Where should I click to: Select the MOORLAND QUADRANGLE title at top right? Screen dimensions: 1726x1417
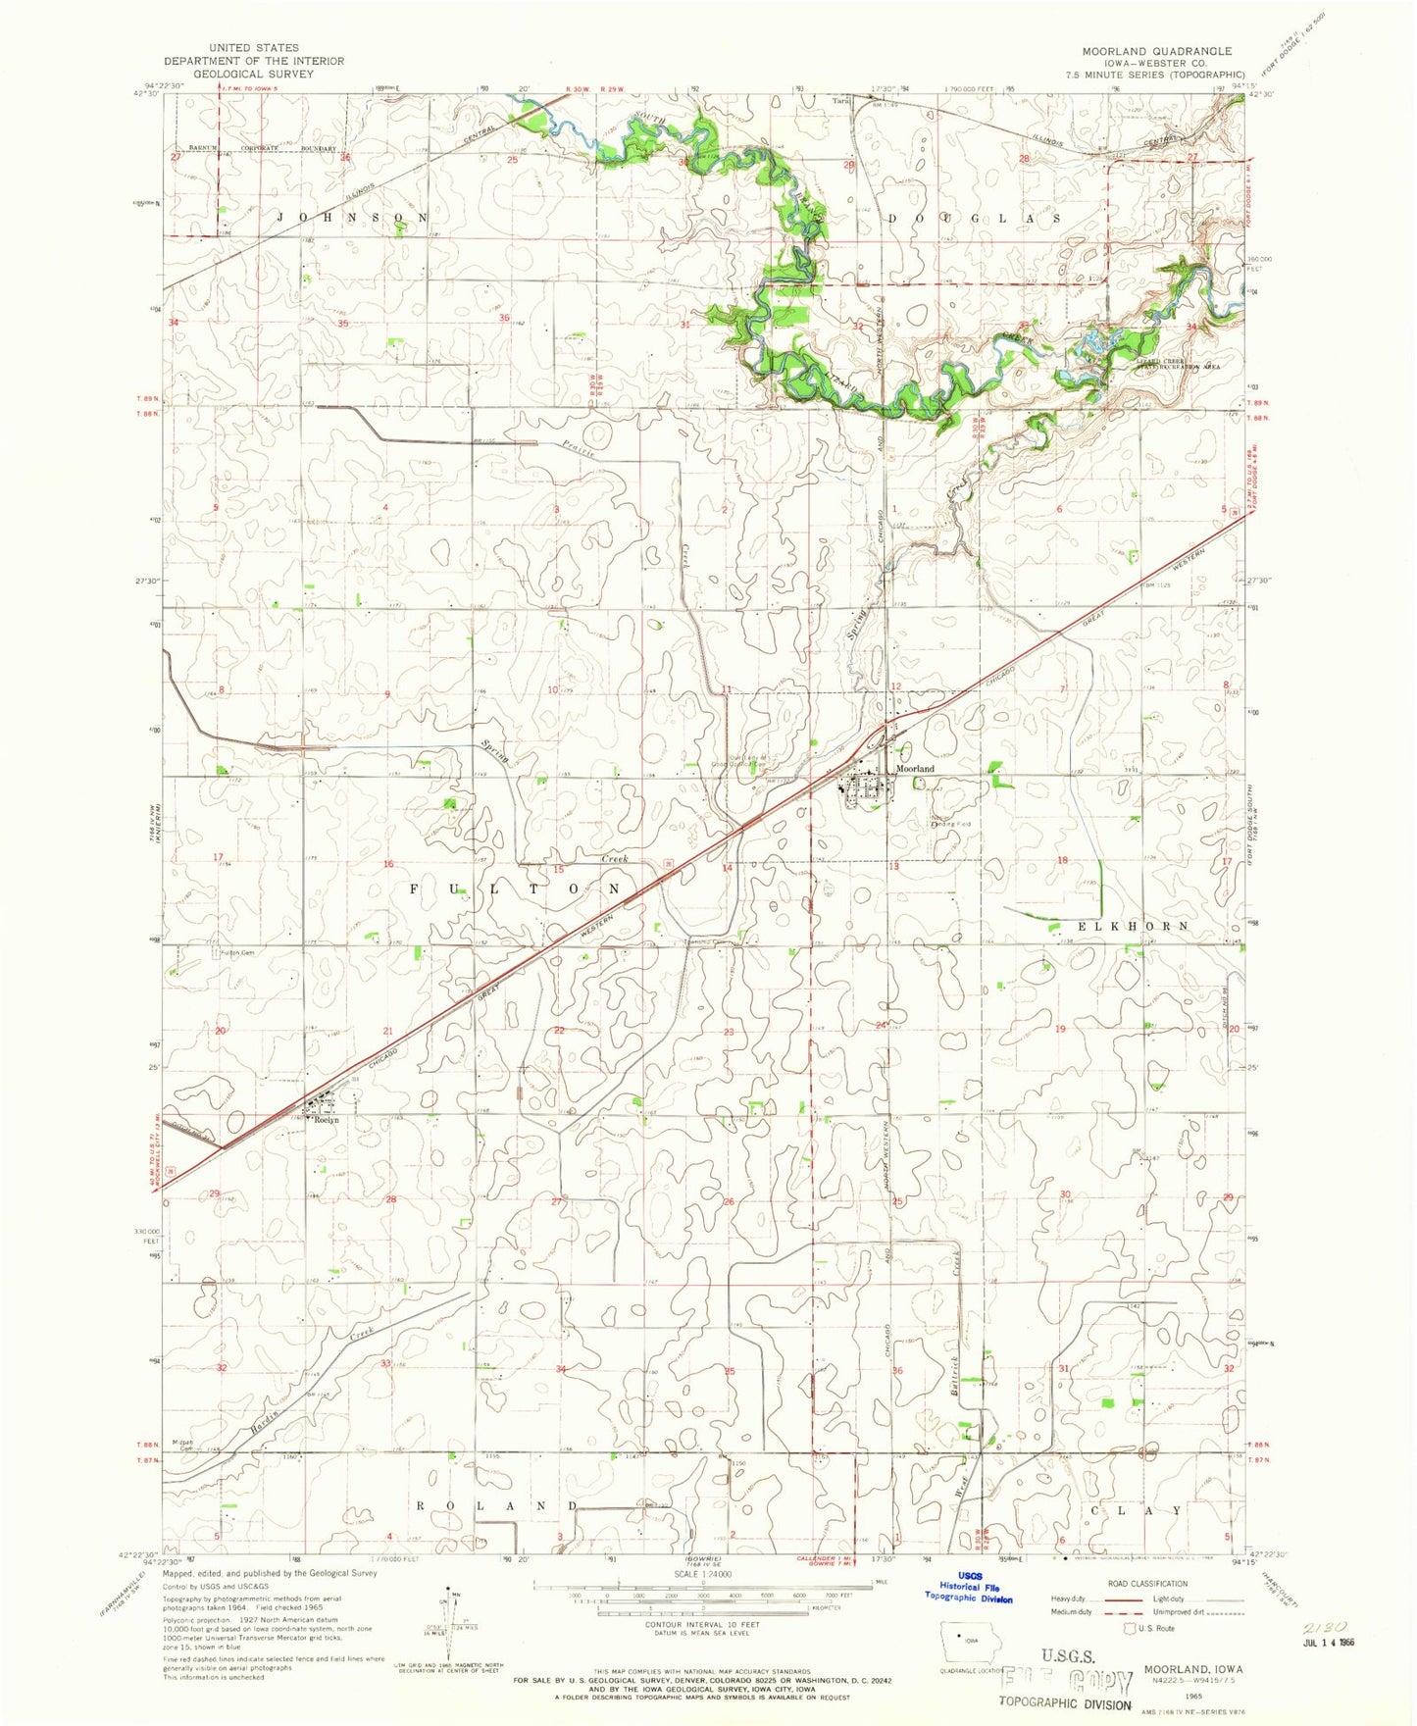pos(1156,50)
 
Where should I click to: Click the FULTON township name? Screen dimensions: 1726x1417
pos(515,888)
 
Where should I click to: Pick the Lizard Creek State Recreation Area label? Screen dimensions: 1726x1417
pos(1177,364)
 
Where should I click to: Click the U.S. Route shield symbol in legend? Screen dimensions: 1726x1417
pos(1129,1628)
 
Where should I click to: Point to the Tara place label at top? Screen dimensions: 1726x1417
pos(838,100)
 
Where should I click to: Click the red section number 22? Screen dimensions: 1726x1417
pos(559,1030)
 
